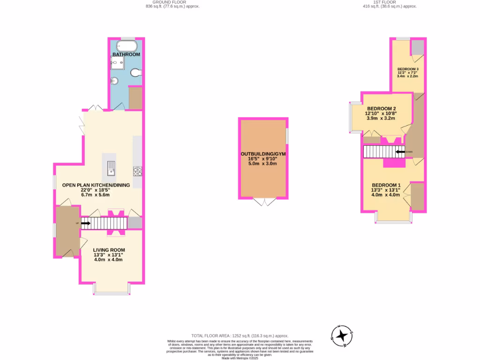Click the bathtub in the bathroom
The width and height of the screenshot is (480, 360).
tap(127, 46)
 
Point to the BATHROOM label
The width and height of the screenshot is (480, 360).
tap(126, 54)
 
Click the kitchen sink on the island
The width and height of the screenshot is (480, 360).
tap(111, 167)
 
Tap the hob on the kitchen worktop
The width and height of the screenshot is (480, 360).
tap(137, 172)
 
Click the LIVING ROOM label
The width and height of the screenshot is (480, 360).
tap(109, 249)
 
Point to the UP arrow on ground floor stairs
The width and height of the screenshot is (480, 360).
tap(85, 224)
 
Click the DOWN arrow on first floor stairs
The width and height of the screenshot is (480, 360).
tap(400, 152)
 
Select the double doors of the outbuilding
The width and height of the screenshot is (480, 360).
tap(264, 202)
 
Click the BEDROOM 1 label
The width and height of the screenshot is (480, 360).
tap(386, 185)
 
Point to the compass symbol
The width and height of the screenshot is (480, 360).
tap(342, 336)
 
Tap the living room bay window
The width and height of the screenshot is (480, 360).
tap(112, 292)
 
